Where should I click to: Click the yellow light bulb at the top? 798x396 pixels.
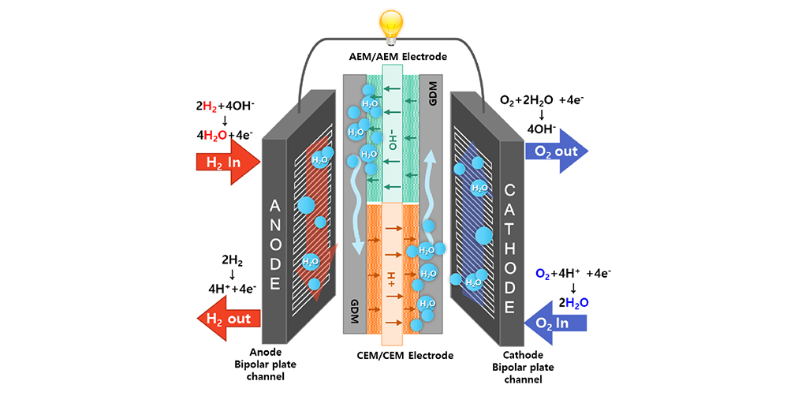point(392,24)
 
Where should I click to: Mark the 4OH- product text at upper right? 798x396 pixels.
point(540,129)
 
